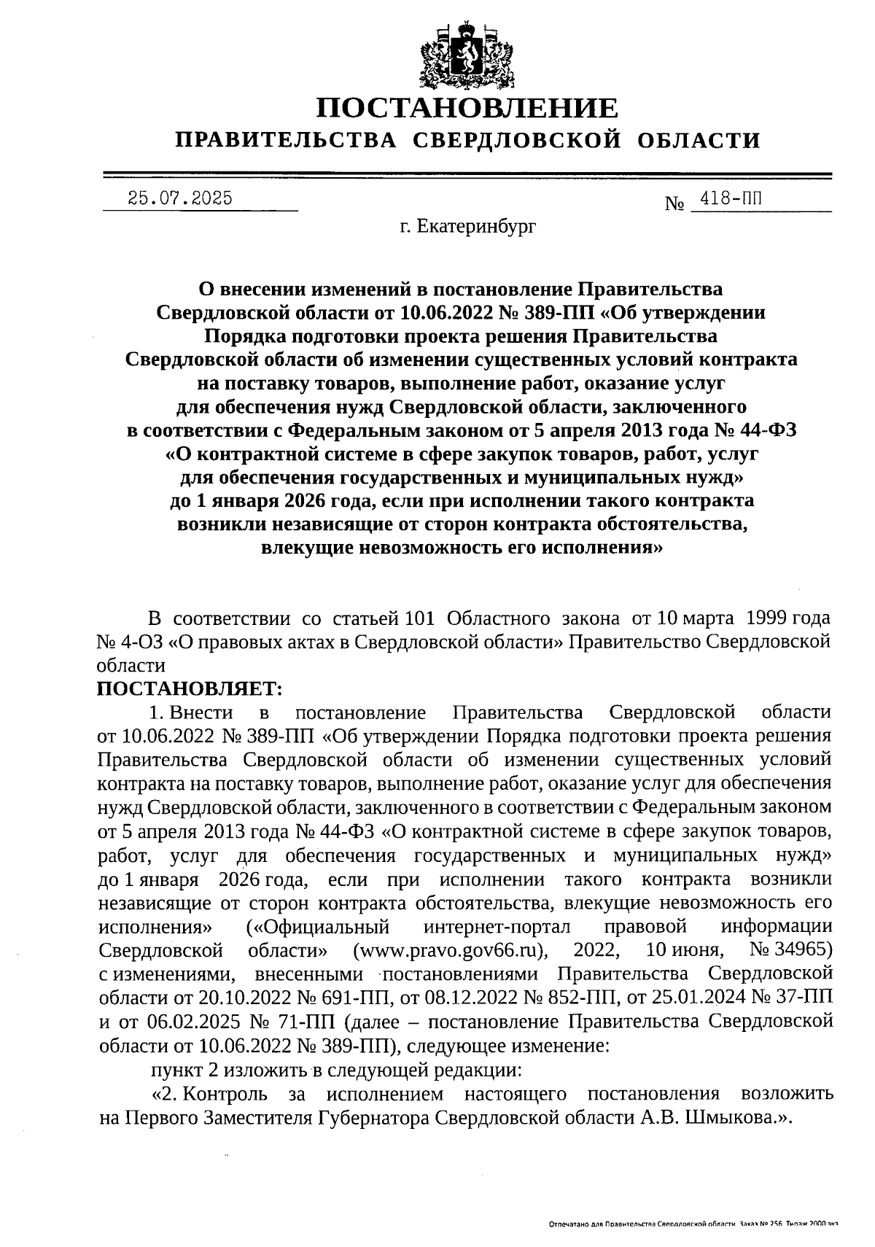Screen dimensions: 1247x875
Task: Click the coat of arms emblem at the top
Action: click(x=467, y=55)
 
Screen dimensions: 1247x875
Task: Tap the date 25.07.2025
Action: click(x=179, y=198)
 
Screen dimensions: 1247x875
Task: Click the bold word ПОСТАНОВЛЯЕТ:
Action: click(x=189, y=688)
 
